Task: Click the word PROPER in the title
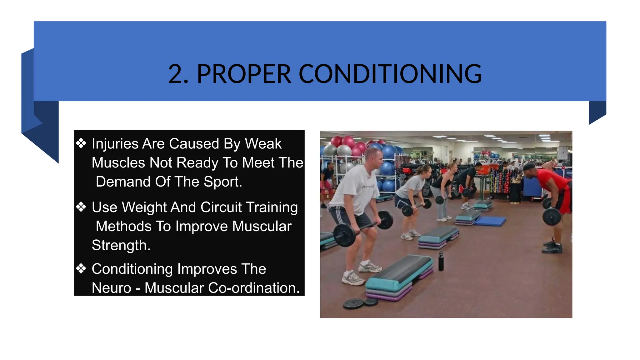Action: point(244,74)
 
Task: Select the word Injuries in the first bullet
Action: point(115,144)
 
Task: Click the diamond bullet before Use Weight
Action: point(81,207)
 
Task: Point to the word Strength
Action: point(121,245)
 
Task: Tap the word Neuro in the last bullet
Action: point(111,288)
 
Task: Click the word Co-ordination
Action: point(253,288)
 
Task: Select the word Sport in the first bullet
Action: point(222,182)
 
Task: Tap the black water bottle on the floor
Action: point(441,261)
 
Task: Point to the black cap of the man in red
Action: point(529,167)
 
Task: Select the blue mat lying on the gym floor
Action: point(490,221)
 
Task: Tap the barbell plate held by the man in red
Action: point(552,217)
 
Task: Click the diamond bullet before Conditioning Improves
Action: point(81,268)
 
